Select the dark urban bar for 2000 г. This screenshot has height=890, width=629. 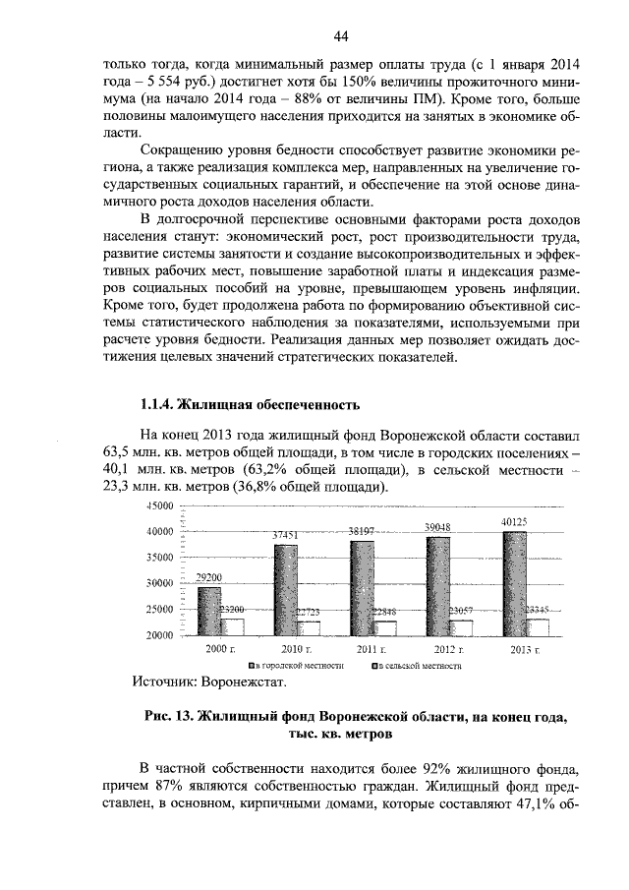pos(208,612)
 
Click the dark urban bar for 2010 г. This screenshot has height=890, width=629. pos(285,590)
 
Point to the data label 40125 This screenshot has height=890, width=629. pos(512,521)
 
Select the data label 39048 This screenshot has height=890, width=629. pos(437,528)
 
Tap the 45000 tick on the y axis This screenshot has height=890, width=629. pos(159,505)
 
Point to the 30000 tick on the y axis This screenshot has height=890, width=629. pos(159,583)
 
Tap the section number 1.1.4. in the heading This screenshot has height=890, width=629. pos(161,403)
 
